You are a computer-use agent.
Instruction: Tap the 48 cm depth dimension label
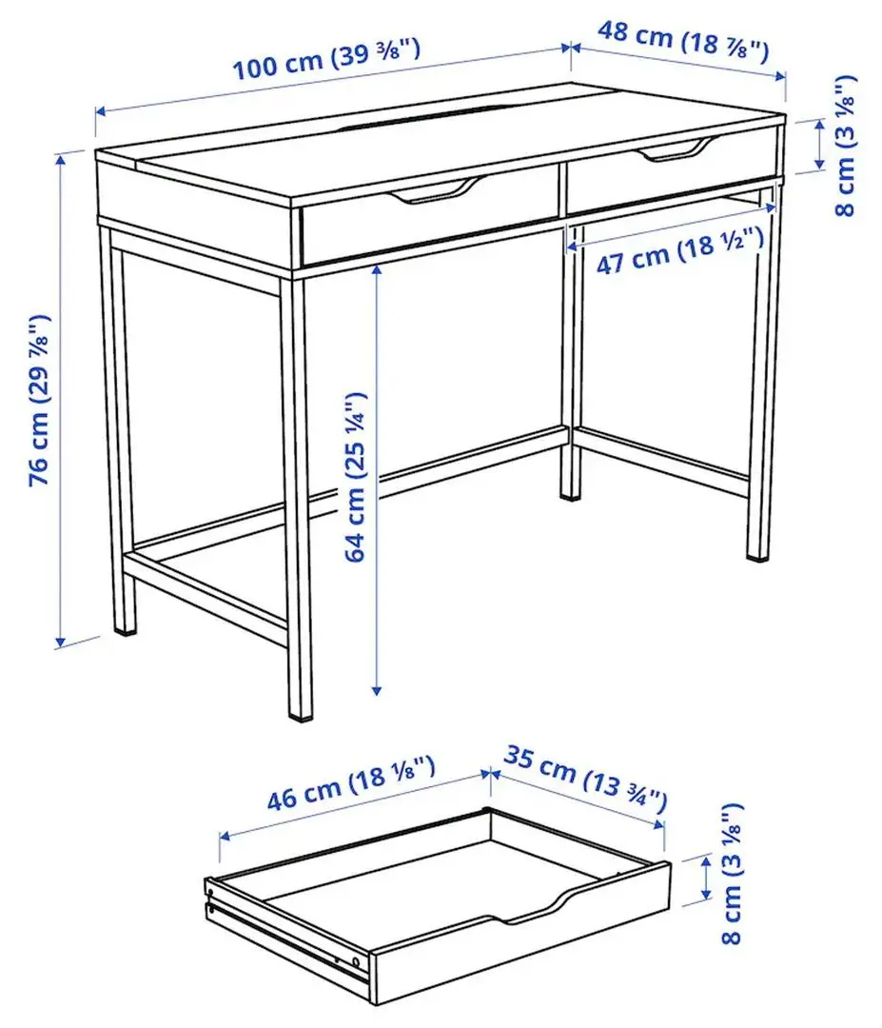coord(681,41)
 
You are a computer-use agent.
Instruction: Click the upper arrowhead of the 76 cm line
coord(63,157)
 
